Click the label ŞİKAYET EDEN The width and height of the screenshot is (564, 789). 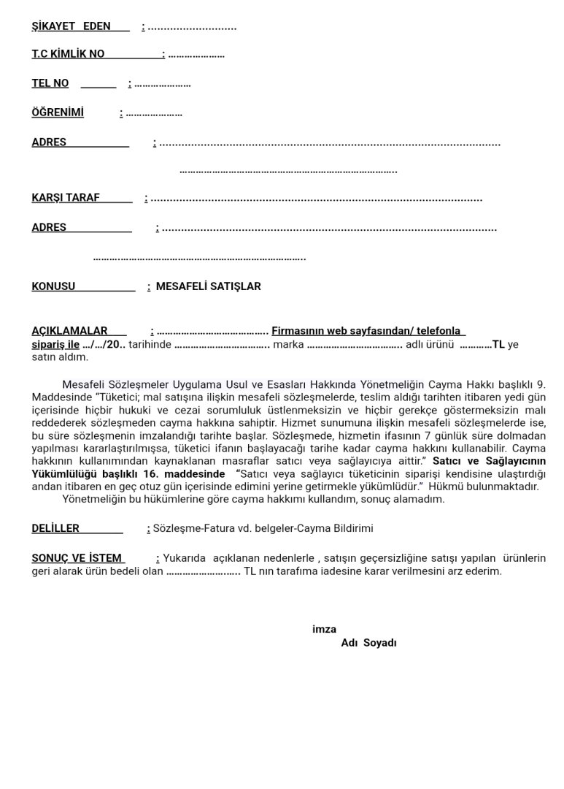71,26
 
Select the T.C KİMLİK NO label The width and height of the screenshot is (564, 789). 68,54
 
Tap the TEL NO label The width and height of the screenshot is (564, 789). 50,83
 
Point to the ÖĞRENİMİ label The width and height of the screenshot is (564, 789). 58,113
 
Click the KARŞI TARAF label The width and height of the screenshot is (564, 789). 66,197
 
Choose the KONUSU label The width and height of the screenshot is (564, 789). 53,286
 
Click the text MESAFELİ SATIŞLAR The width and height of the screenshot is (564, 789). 208,286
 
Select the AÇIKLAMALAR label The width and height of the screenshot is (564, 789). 69,331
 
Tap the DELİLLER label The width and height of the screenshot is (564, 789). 55,528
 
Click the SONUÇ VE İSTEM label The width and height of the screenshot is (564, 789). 77,558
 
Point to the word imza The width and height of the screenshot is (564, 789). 324,629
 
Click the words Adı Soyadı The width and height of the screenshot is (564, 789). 368,643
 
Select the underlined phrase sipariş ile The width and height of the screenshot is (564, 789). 55,344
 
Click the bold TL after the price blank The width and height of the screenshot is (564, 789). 498,344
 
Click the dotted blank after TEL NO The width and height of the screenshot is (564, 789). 162,84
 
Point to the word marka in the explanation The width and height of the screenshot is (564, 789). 287,344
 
